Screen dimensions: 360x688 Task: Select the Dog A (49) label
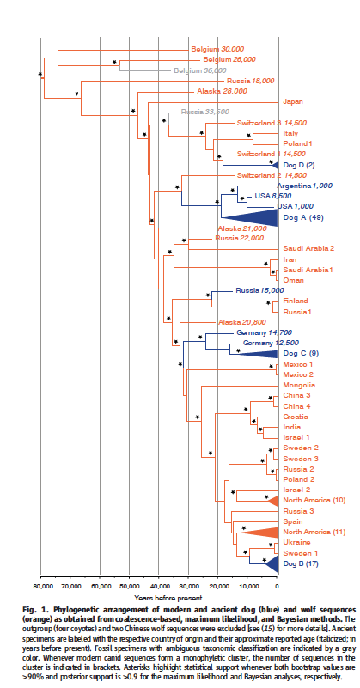pos(303,217)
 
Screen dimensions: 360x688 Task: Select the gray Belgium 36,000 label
pos(199,70)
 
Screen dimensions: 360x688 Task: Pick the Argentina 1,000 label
pos(305,186)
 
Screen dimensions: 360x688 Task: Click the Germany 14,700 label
pos(265,332)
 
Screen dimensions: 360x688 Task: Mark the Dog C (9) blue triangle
pos(258,354)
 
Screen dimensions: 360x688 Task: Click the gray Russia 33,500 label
pos(205,112)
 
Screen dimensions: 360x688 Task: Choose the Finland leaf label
pos(296,301)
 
